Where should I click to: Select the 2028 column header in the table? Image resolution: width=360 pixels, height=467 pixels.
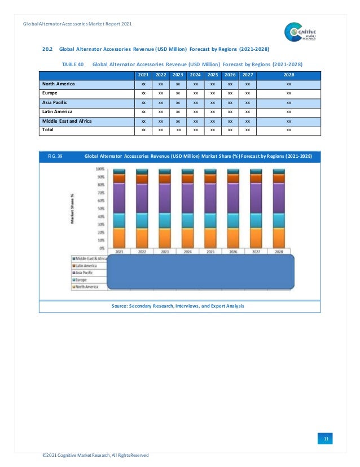288,75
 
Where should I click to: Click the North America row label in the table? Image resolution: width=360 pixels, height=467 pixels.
58,84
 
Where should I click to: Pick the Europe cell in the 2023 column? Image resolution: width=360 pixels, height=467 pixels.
178,93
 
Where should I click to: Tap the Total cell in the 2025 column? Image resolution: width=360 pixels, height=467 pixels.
212,130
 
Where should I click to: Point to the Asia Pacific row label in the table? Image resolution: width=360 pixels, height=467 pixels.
55,102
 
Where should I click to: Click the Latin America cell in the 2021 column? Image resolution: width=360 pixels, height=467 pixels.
143,111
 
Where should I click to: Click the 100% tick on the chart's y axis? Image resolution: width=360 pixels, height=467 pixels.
100,169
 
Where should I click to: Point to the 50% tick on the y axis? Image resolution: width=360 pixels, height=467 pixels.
102,209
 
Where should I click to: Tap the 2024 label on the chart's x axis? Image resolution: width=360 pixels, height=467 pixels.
187,252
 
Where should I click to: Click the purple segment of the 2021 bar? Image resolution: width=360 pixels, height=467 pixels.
119,198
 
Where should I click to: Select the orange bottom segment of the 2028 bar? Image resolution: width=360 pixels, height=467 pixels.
279,237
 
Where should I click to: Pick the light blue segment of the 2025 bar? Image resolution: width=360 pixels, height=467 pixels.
210,220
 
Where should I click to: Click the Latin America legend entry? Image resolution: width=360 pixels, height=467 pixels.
85,265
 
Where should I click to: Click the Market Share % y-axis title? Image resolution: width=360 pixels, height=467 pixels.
73,209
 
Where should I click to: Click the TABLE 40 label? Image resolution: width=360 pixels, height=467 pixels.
73,64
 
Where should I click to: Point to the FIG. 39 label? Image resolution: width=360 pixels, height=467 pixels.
55,155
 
